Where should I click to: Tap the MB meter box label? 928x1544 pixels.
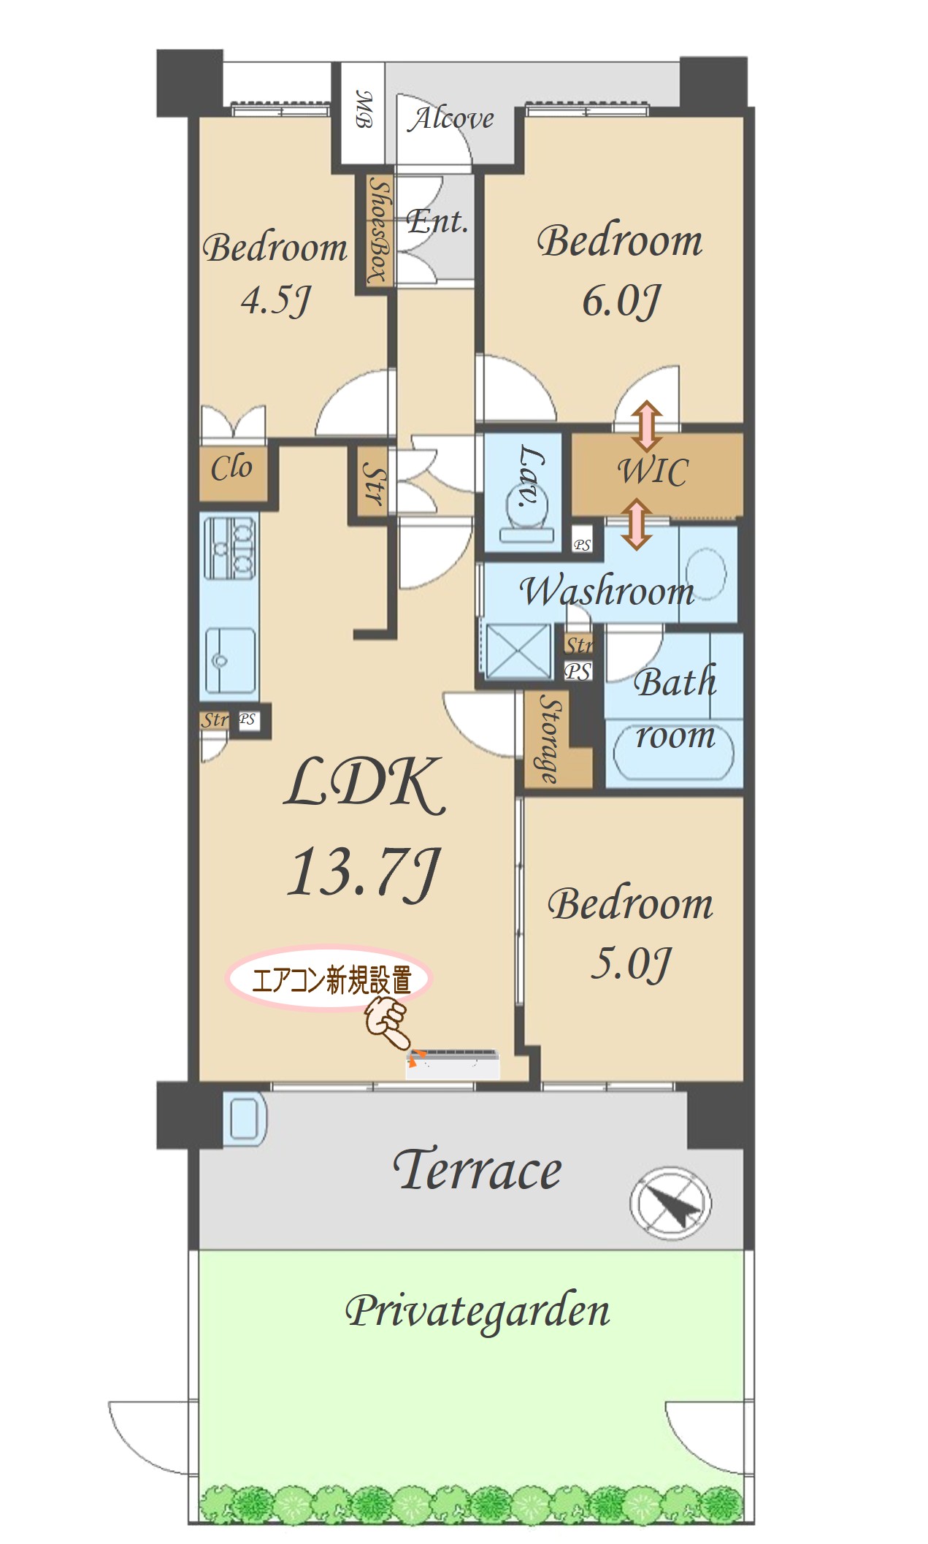click(x=364, y=109)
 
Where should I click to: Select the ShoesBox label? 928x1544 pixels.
click(x=378, y=230)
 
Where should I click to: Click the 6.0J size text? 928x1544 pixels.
click(x=621, y=301)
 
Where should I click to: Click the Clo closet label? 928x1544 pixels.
click(x=231, y=467)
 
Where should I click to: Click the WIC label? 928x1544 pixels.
click(x=653, y=471)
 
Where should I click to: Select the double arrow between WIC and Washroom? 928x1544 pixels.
click(x=637, y=524)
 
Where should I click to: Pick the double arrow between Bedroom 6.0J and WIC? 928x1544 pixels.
click(x=647, y=426)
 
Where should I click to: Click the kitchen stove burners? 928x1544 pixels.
click(x=229, y=547)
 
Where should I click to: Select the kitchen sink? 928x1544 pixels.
click(x=229, y=660)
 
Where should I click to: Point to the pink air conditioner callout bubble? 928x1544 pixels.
click(x=329, y=979)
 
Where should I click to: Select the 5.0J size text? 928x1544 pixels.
click(x=630, y=964)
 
